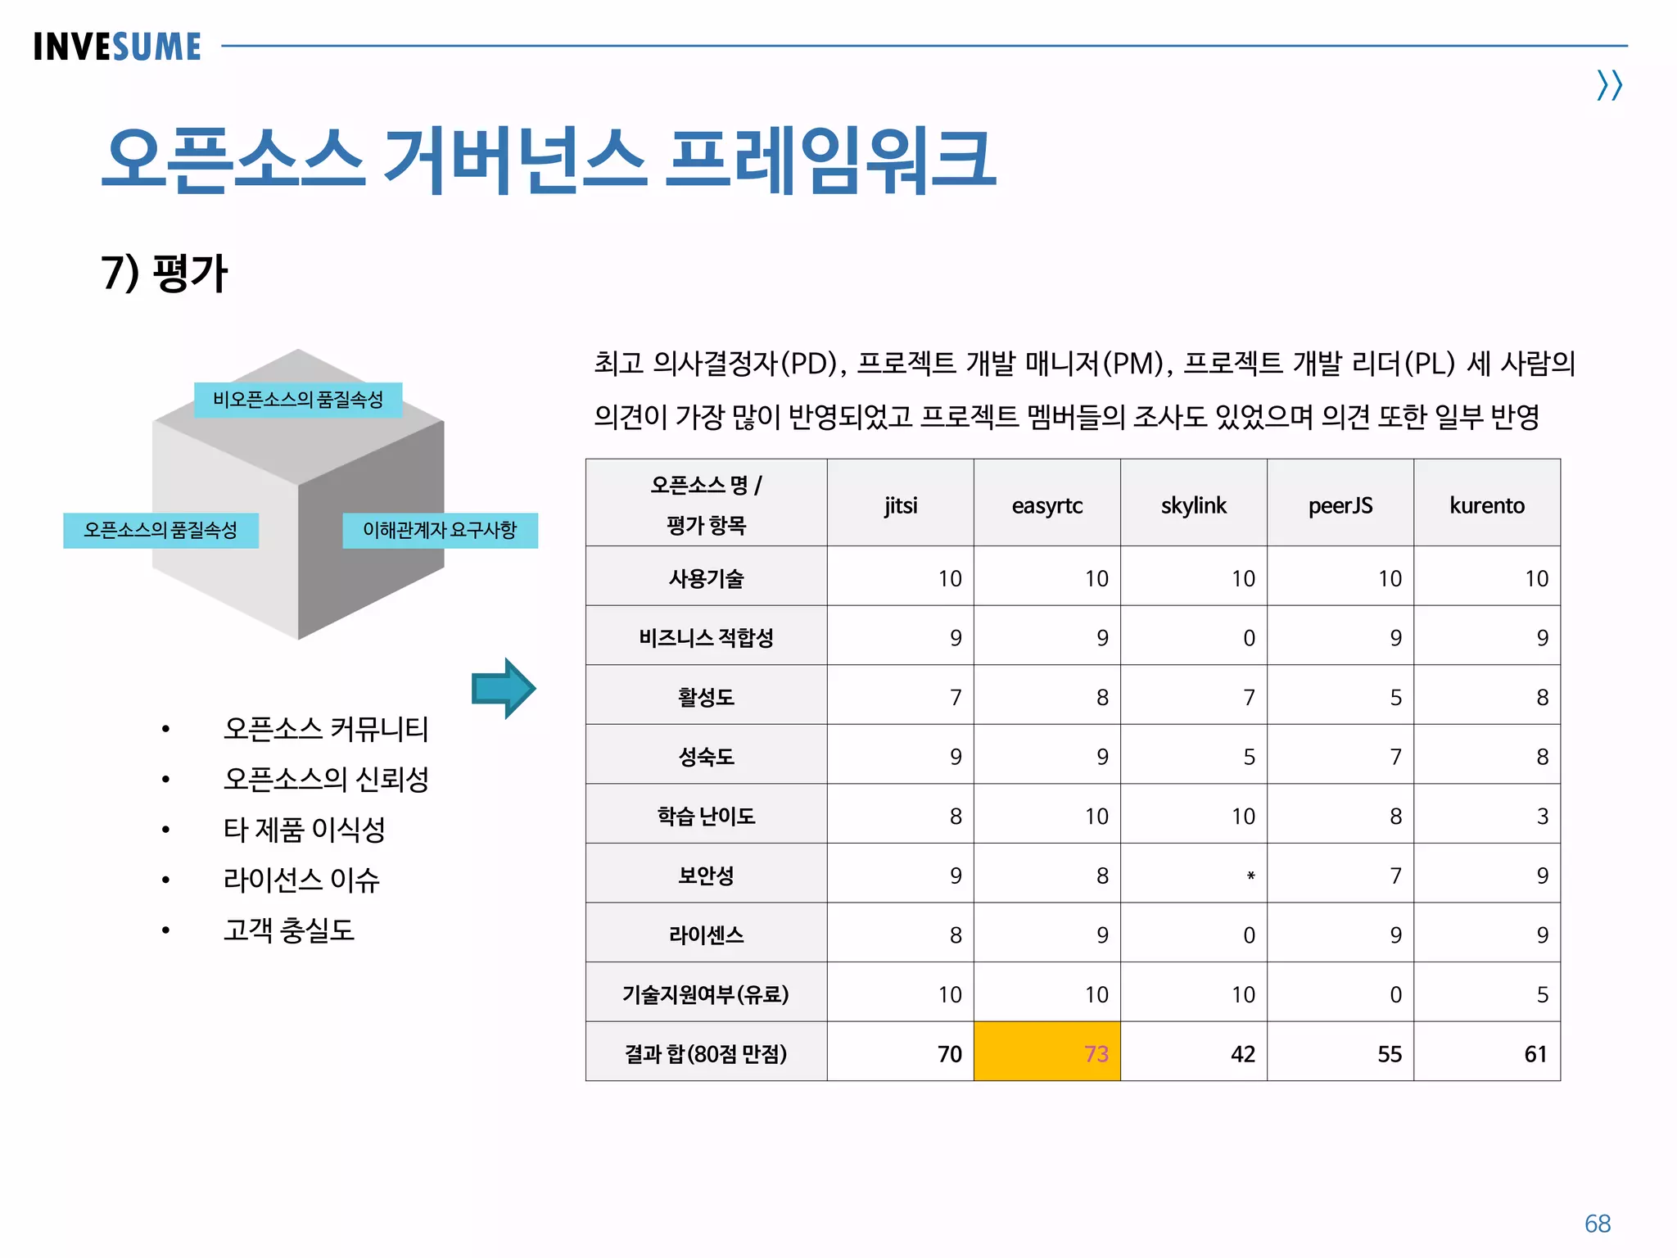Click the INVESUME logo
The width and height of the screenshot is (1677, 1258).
[117, 47]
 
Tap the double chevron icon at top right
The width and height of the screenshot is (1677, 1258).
[1609, 85]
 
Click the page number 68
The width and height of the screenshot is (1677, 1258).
[1597, 1224]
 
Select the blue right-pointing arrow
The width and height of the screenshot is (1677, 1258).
[503, 688]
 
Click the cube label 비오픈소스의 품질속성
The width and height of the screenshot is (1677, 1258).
[298, 400]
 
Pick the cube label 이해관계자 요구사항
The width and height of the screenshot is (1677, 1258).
[440, 530]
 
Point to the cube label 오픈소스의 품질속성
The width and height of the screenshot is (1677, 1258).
[160, 530]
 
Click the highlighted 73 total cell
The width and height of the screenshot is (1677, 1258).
[1046, 1052]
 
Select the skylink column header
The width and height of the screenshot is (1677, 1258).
[1193, 505]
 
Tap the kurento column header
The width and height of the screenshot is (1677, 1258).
[1486, 505]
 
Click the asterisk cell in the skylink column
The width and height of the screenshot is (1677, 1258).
[1250, 876]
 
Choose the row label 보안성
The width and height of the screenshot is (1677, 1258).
[706, 876]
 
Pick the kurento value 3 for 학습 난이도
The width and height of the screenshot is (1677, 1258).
[1542, 817]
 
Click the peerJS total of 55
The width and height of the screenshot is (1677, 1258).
[1389, 1054]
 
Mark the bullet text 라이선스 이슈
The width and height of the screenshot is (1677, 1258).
[301, 880]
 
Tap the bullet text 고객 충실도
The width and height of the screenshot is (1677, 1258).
[289, 930]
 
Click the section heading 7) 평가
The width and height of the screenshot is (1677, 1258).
[164, 273]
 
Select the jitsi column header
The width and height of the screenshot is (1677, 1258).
[900, 505]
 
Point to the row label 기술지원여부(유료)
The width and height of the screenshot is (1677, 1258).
[706, 994]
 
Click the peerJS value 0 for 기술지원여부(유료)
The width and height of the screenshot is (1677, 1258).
[1395, 995]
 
